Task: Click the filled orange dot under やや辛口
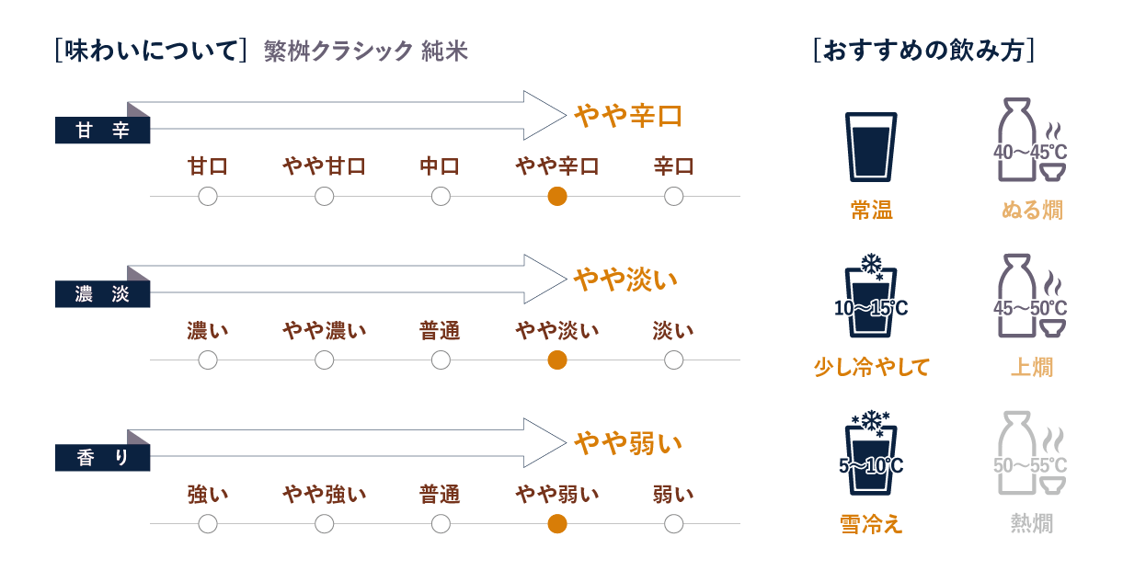click(556, 196)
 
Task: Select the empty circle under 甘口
click(208, 196)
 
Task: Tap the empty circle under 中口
click(441, 196)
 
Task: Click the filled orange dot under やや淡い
click(556, 360)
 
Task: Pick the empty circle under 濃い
click(208, 360)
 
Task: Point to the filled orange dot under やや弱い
click(556, 524)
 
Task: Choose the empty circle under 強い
click(208, 524)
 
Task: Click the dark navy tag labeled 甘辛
click(102, 131)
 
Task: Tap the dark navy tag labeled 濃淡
click(102, 295)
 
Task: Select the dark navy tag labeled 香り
click(102, 459)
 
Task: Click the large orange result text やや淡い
click(625, 279)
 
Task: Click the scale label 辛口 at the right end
click(673, 167)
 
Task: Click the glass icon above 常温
click(870, 146)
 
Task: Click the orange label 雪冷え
click(870, 524)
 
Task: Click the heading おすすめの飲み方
click(925, 50)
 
